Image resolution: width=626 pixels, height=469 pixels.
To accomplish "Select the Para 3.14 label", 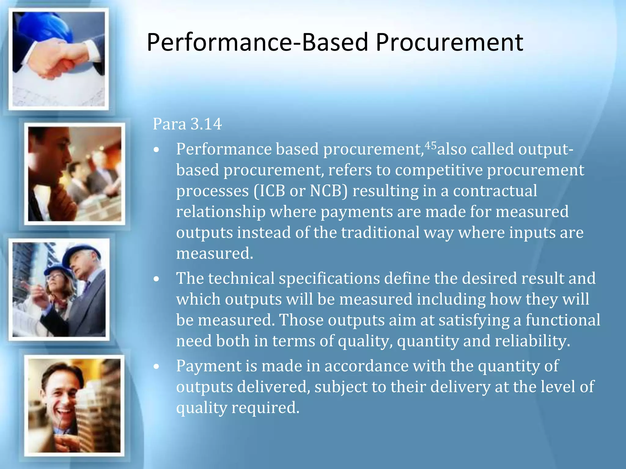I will point(187,124).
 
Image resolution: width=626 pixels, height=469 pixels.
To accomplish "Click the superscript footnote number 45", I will point(431,146).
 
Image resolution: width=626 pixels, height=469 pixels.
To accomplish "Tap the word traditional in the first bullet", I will point(380,232).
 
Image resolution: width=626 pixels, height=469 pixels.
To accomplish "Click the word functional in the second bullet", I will point(563,320).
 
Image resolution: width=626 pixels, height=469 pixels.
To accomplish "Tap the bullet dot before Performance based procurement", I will point(157,150).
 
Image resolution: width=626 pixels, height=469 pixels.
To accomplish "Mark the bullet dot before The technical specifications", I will point(157,279).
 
